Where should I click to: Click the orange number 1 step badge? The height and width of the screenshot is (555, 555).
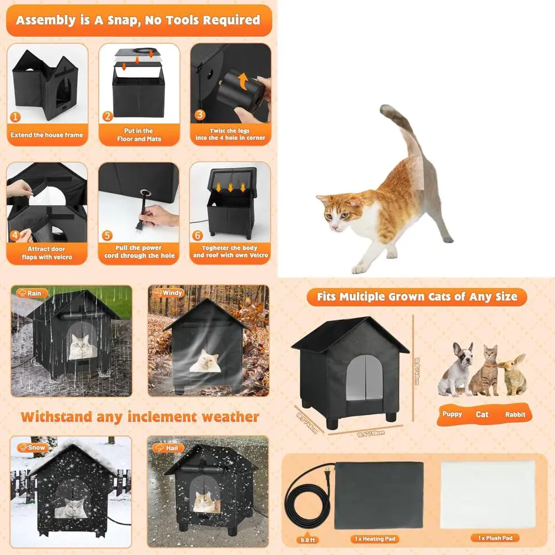click(x=16, y=117)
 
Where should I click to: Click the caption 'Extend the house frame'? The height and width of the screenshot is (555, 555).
click(x=47, y=135)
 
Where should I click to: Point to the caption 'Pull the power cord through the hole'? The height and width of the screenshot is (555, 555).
click(x=139, y=251)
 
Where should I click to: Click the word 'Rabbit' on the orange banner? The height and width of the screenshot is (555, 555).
click(x=515, y=415)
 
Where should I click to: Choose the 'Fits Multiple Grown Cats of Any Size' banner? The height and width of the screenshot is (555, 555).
click(x=417, y=297)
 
